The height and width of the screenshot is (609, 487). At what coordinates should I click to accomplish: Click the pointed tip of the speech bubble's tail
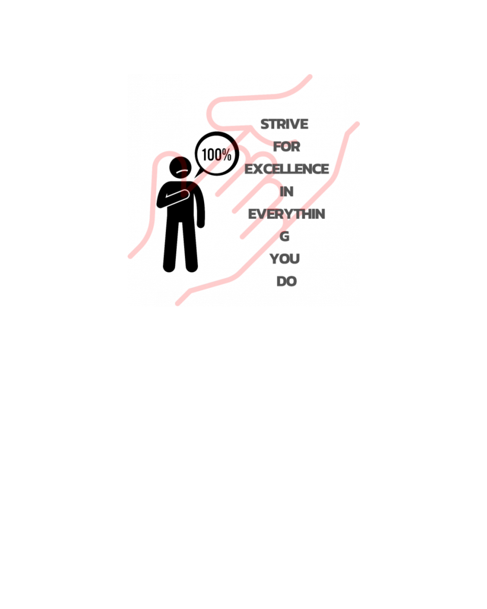195,178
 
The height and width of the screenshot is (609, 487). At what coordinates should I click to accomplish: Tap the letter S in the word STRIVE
265,124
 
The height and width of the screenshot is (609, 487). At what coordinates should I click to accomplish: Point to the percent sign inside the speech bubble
226,154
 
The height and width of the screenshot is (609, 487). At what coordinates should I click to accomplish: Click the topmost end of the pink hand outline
310,76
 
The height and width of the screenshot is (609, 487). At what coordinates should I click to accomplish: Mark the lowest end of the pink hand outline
177,304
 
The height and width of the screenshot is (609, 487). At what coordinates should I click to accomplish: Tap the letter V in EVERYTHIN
262,214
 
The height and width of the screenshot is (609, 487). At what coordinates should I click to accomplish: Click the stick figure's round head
180,167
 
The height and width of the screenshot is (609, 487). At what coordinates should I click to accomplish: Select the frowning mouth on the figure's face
182,171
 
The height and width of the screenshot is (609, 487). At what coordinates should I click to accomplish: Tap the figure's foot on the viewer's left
169,267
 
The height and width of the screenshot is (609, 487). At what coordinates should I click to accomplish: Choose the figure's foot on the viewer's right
191,267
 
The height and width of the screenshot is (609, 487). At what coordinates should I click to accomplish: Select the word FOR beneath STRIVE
286,147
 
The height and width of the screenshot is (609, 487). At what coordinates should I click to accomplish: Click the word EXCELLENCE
287,169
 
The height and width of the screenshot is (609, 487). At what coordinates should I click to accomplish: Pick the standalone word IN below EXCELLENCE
286,192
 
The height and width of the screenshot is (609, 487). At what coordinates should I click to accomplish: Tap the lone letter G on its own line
284,236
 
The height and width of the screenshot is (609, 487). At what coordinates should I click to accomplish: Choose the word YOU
284,259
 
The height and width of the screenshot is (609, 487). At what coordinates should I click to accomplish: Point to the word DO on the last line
286,282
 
